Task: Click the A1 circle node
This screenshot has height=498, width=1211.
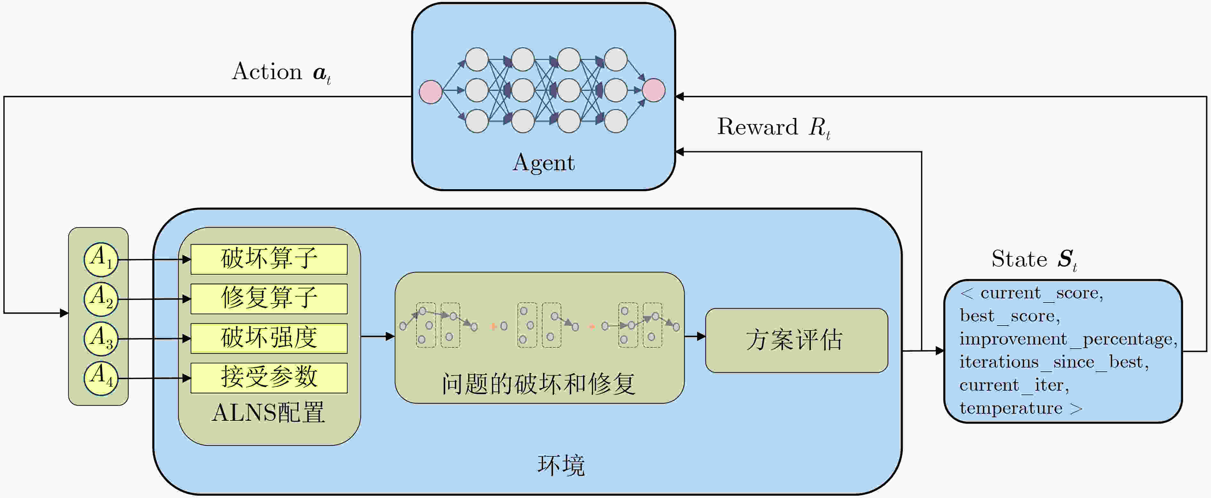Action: [x=101, y=259]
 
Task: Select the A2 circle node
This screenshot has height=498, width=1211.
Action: [x=101, y=299]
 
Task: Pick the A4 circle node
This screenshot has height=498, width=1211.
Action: [x=101, y=378]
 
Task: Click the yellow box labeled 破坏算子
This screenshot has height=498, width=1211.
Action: [x=269, y=259]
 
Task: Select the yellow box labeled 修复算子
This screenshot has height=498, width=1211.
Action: [x=269, y=299]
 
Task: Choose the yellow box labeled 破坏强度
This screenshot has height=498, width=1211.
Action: [x=269, y=338]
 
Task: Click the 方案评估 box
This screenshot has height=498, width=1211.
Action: [x=796, y=340]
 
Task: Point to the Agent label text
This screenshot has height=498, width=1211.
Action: [x=543, y=163]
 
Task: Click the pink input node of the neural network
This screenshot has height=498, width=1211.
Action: [x=430, y=92]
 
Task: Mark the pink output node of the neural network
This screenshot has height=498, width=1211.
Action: [x=654, y=90]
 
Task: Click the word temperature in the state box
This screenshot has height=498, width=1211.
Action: [x=1011, y=408]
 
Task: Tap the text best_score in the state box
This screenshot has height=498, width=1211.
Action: [x=1009, y=316]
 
